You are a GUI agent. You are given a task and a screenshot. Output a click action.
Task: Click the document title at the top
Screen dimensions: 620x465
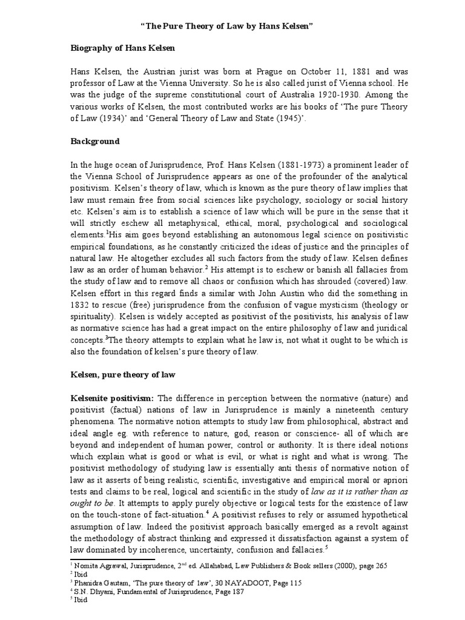[x=232, y=27]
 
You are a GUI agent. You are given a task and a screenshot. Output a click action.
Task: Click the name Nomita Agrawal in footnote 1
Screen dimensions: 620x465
[x=95, y=566]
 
